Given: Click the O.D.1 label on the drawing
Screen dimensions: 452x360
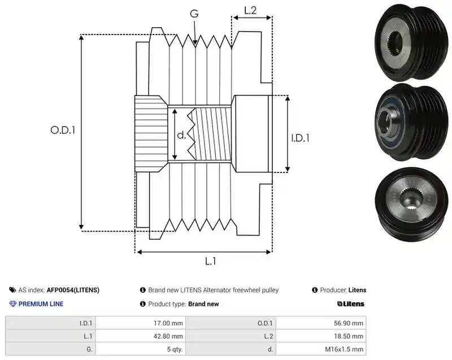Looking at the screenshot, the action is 63,131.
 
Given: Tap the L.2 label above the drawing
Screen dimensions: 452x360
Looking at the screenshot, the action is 250,10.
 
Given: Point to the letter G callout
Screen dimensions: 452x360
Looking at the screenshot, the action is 194,13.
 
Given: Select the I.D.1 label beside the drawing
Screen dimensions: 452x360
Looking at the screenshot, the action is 300,138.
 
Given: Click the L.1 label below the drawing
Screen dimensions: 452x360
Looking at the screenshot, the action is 210,261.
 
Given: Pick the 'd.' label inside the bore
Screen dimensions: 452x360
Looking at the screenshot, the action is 181,135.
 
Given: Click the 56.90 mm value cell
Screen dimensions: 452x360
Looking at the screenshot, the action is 321,323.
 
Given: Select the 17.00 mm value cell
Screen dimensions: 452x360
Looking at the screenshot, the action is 141,323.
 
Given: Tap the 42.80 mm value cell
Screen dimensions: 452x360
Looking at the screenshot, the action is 141,336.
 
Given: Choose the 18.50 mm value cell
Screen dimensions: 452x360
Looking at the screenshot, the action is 321,336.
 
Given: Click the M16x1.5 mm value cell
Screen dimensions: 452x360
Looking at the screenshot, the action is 321,349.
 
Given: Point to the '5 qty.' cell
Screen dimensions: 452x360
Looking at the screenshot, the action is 141,349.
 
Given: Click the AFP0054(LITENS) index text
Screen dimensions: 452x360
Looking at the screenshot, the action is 73,290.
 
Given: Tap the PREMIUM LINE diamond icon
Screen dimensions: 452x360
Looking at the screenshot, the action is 13,304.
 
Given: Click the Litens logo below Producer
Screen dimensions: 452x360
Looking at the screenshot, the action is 350,304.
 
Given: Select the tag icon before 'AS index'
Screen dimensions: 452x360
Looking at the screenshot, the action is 12,290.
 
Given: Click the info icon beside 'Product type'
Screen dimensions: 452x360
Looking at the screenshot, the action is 143,304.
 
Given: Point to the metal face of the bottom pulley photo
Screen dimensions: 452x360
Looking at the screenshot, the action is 411,198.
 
